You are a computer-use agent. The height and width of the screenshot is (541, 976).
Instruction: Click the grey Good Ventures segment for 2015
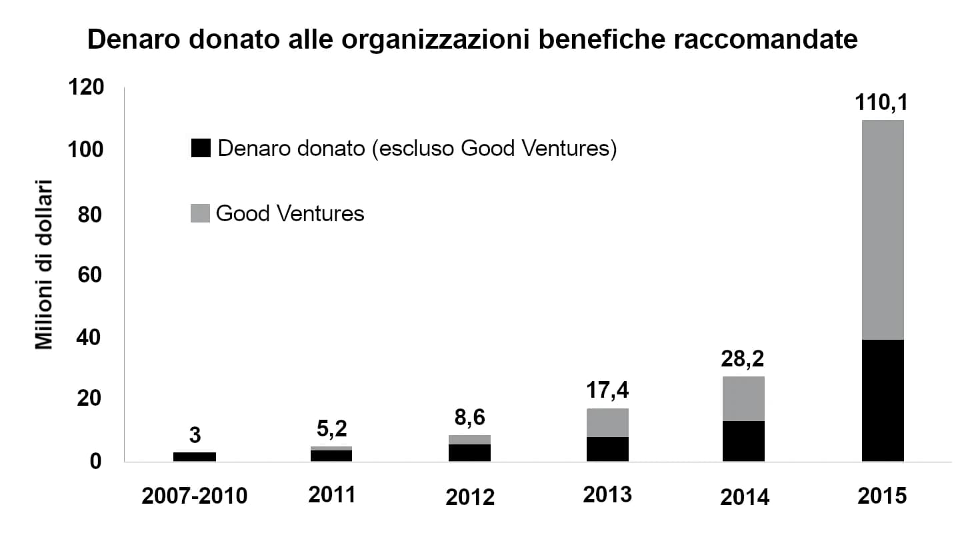pos(882,230)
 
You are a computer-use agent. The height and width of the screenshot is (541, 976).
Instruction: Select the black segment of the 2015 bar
pos(882,400)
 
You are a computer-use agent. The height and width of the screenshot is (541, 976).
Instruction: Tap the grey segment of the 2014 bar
pos(743,398)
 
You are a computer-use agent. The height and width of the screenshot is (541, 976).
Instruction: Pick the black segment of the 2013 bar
pos(607,449)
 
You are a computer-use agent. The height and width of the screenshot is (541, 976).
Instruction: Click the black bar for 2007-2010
pos(195,456)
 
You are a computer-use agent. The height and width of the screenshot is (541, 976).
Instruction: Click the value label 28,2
pos(743,359)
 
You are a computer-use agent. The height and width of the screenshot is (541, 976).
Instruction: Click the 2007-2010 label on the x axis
pos(194,496)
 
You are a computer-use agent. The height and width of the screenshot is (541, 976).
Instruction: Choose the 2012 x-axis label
pos(469,497)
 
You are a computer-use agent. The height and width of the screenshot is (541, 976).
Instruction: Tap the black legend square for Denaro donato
pos(200,149)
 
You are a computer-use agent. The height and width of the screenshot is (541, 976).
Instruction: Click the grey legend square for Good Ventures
pos(200,213)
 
